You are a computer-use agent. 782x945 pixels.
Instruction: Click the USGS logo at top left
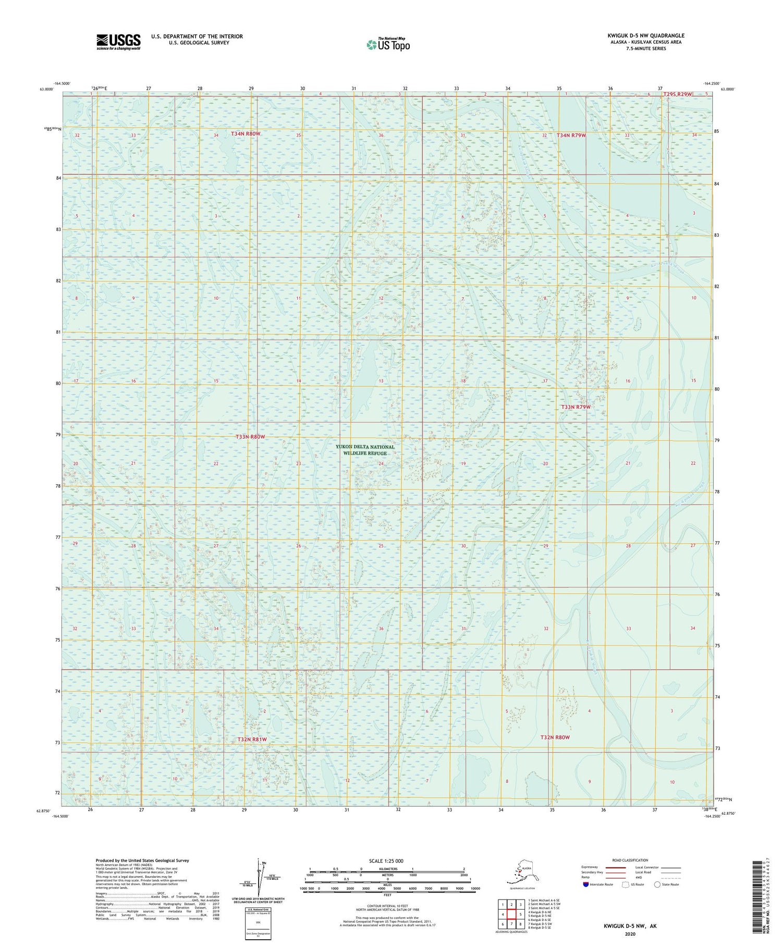(118, 42)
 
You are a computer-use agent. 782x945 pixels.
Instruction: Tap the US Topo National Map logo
(388, 44)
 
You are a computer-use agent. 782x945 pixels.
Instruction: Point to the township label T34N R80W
(246, 134)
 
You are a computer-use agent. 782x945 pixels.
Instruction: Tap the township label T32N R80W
(555, 737)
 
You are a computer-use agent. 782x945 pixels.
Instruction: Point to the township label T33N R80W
(250, 436)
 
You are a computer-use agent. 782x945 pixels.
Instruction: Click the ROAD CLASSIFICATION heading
(630, 860)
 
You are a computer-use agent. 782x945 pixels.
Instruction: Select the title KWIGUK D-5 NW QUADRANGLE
(646, 35)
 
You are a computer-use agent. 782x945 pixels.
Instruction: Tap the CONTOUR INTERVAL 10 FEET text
(387, 906)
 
